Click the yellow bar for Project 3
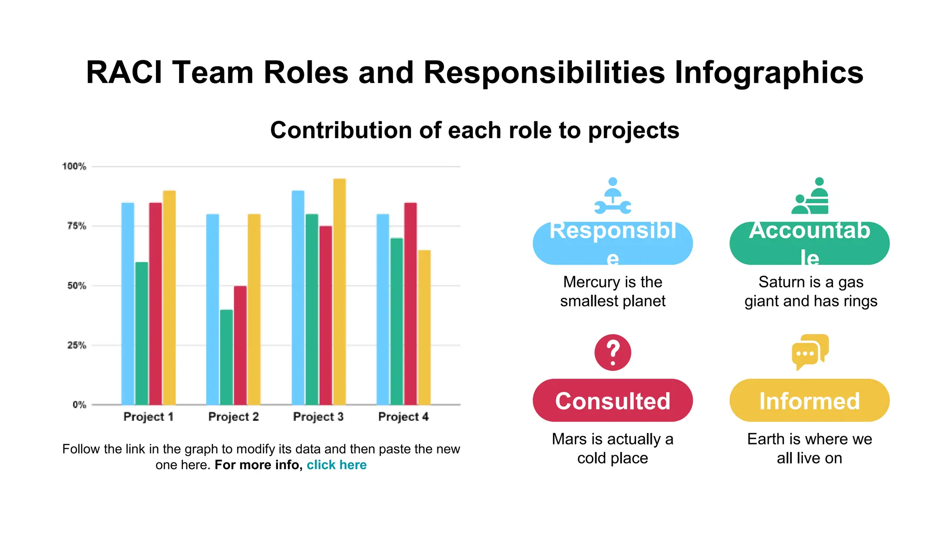tap(340, 292)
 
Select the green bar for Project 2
tap(226, 357)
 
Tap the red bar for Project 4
tap(411, 304)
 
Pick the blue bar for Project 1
tap(128, 304)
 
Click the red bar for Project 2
tap(240, 345)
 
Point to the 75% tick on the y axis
tap(77, 226)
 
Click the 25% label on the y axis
tap(77, 345)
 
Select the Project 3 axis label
tap(318, 417)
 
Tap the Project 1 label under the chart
tap(148, 417)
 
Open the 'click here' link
tap(336, 465)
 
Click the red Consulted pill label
tap(612, 400)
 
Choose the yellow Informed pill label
tap(809, 400)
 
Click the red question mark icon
tap(613, 352)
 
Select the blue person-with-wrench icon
tap(613, 196)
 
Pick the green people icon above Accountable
tap(810, 196)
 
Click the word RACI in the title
tap(124, 73)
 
